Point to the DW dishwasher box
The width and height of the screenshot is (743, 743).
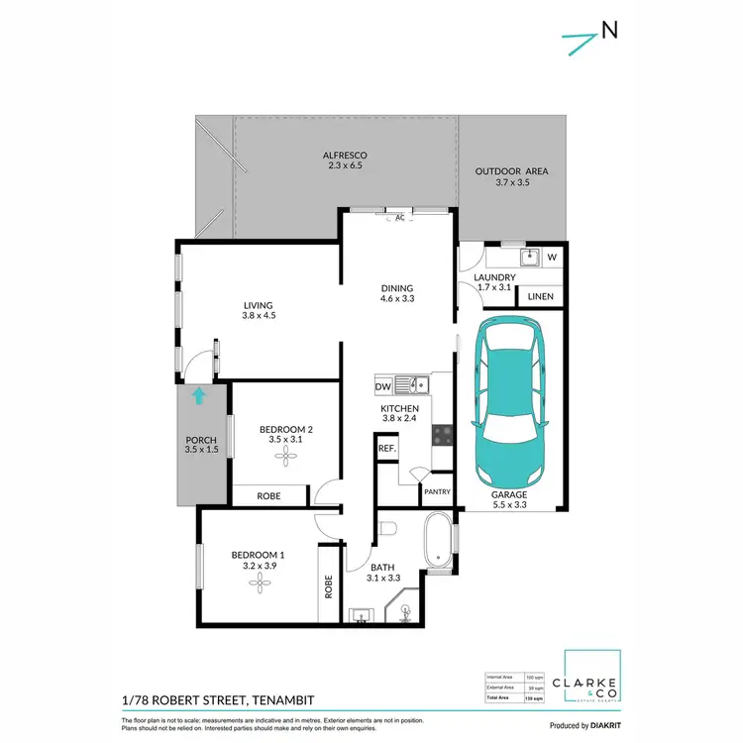pos(383,385)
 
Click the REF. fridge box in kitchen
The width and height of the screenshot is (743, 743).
pos(386,449)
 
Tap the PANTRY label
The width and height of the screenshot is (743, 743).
pos(436,491)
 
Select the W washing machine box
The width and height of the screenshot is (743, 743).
pos(552,259)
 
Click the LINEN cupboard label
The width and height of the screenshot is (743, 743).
pos(540,296)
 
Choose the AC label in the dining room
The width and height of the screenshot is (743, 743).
pos(400,217)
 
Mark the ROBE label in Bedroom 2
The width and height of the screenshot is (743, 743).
pos(268,495)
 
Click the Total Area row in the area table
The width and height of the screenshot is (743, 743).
pos(511,698)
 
